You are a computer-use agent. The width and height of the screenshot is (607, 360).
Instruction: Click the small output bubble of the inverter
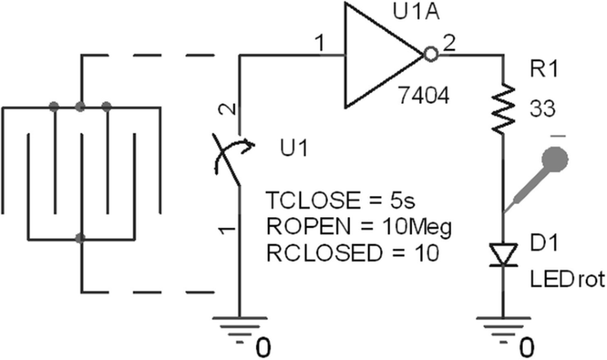(x=432, y=56)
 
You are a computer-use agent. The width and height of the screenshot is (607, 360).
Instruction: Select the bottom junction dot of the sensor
(x=81, y=239)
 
